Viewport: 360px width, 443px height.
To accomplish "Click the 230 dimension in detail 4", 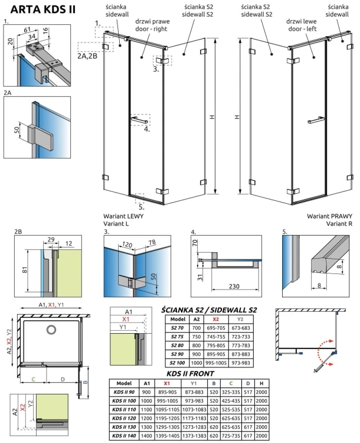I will [235, 286].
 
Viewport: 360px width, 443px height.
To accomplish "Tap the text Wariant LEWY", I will [123, 216].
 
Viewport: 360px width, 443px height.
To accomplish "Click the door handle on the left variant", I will [138, 120].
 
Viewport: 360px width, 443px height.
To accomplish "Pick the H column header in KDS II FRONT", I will [261, 382].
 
